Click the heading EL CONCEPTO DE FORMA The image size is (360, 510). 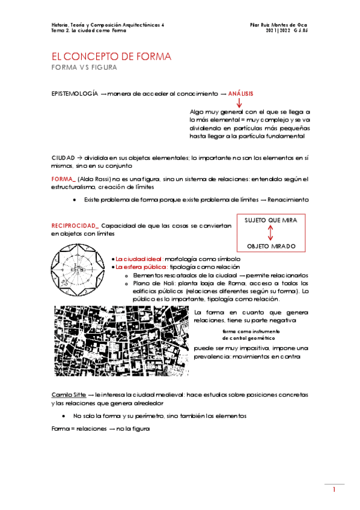click(x=112, y=57)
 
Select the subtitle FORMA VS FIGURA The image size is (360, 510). click(x=84, y=68)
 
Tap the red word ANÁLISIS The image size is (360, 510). click(x=241, y=94)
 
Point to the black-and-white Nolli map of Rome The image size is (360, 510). click(x=122, y=341)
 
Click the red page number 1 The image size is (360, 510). click(x=334, y=491)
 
